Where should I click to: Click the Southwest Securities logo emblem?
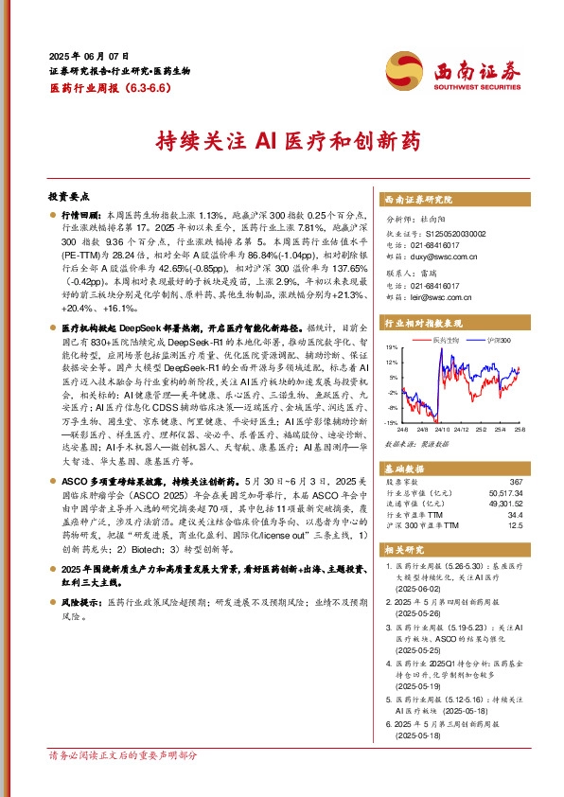coord(401,69)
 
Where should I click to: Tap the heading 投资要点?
coord(69,197)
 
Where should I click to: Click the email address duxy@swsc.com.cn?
coord(438,255)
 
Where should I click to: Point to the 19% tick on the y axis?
coord(390,347)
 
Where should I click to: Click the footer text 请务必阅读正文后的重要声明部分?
coord(123,782)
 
